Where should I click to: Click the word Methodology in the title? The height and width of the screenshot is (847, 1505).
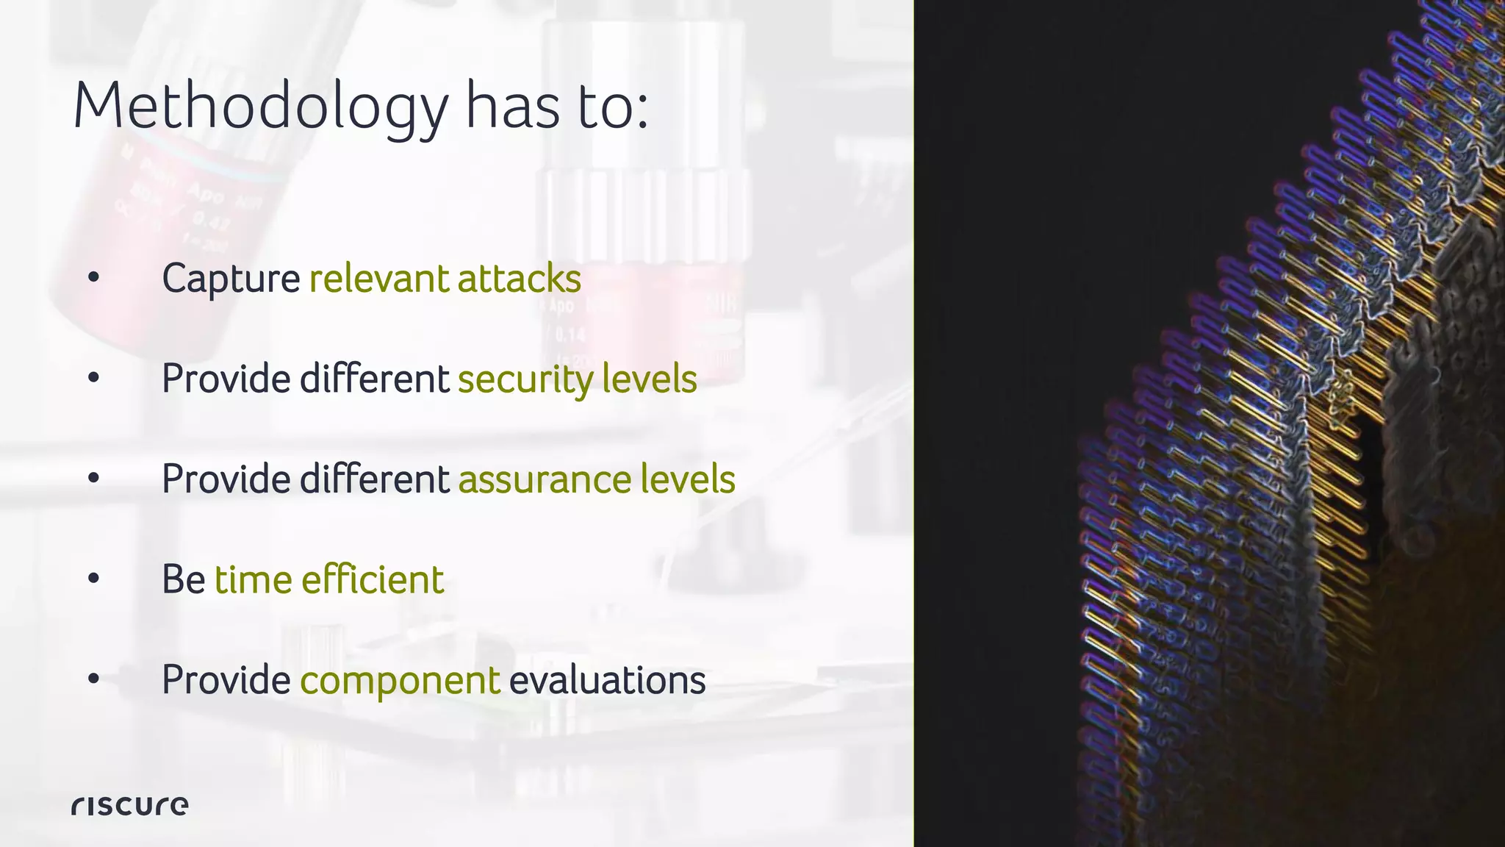(260, 107)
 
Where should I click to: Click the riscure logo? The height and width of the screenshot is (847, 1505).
(129, 806)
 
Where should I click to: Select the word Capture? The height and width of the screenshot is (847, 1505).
(231, 279)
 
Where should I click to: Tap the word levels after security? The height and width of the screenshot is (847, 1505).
(649, 380)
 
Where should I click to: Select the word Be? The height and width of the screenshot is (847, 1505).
(183, 580)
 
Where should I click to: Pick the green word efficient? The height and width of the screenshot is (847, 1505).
(373, 580)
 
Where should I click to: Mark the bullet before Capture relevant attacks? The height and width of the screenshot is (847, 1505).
(93, 278)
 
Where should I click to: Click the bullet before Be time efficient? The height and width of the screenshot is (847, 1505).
(93, 579)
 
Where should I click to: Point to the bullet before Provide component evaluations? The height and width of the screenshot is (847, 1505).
(93, 679)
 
